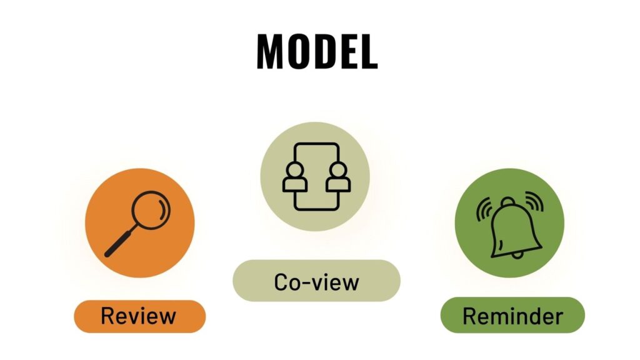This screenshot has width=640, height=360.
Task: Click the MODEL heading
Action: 317,51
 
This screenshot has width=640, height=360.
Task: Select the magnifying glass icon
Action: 137,224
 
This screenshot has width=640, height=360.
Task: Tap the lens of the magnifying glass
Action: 151,210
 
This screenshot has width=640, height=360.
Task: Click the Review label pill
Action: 139,316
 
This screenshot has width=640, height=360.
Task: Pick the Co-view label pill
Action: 316,281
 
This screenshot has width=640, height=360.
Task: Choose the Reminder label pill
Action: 512,315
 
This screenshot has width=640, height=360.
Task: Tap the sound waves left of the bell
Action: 483,209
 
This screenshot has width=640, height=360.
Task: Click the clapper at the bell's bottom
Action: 517,256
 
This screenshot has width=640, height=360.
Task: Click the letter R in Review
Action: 108,316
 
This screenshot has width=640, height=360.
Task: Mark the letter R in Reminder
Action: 471,316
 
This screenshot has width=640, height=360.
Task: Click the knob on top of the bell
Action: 507,202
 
